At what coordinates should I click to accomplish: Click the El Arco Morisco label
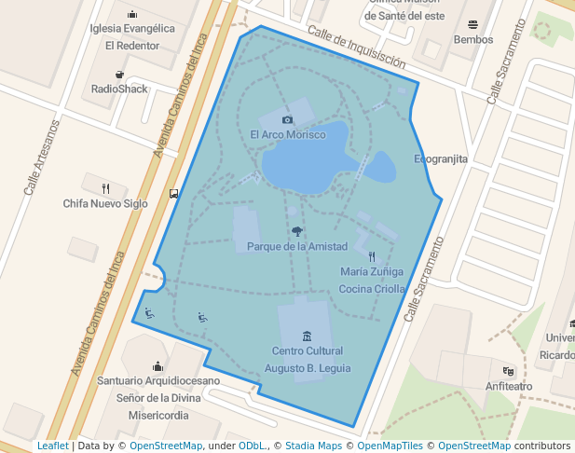pos(288,135)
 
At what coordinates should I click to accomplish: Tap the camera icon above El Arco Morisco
pos(288,119)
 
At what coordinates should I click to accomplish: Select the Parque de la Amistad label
pos(297,246)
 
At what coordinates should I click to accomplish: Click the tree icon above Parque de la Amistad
pos(297,231)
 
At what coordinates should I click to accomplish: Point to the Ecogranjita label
pos(441,159)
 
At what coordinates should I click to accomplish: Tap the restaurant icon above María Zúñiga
pos(372,256)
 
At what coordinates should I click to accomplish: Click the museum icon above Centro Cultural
pos(307,336)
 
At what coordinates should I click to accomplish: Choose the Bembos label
pos(472,40)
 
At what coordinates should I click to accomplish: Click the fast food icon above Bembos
pos(473,24)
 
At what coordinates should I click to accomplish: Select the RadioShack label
pos(119,89)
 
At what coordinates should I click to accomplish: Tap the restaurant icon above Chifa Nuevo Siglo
pos(105,187)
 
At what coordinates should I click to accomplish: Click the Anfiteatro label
pos(509,386)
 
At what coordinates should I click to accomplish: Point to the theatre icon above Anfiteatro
pos(508,371)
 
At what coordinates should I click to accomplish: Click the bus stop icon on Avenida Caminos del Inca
pos(174,194)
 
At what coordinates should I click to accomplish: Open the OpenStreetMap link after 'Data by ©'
pos(166,446)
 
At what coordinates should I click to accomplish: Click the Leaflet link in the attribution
pos(53,446)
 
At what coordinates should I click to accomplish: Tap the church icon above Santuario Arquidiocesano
pos(157,365)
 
